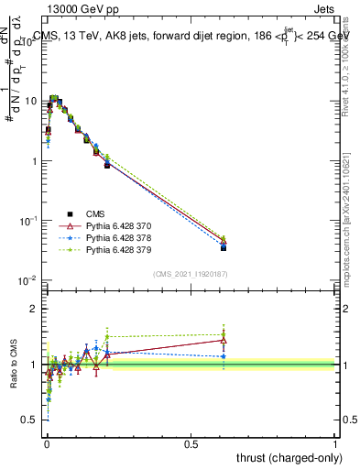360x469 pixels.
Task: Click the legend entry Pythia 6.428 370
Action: tap(111, 225)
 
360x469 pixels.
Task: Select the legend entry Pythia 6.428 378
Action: tap(111, 237)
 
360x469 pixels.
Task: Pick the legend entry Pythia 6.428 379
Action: tap(111, 249)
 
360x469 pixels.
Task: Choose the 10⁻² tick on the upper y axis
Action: tap(29, 280)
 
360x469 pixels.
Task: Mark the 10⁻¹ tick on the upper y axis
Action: tap(29, 221)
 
